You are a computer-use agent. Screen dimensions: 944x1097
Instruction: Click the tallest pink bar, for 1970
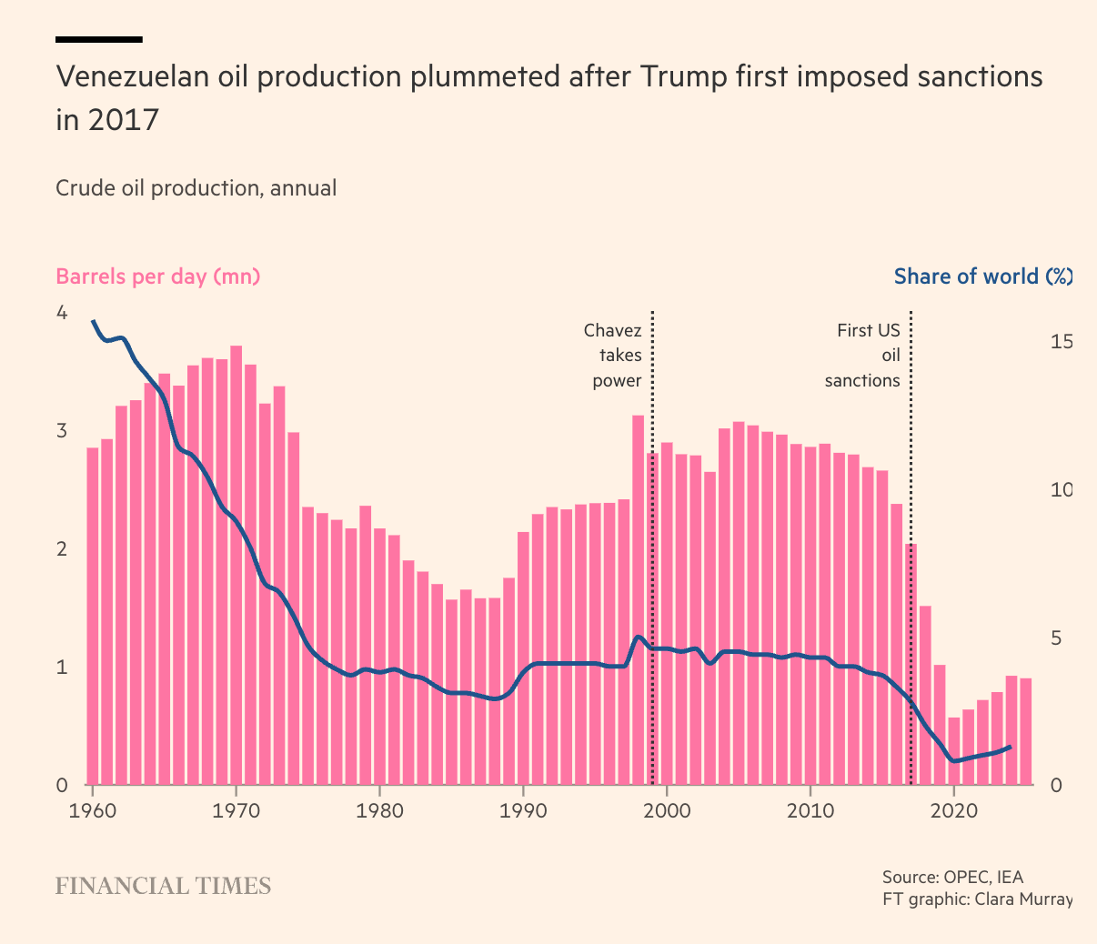coord(237,564)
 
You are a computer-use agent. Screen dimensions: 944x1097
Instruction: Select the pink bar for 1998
coord(639,600)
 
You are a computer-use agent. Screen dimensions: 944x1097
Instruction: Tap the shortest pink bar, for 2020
coord(953,750)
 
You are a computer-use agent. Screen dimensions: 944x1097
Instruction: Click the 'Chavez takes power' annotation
coord(613,356)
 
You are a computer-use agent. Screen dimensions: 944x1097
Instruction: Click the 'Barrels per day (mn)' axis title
coord(158,276)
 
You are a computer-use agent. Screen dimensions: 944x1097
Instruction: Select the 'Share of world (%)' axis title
coord(982,276)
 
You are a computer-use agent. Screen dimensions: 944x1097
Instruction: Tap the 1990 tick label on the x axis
coord(523,810)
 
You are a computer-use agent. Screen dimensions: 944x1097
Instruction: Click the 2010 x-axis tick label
coord(810,810)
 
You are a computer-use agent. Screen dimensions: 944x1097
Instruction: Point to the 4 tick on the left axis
coord(62,313)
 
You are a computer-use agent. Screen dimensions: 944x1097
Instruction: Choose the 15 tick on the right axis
coord(1062,342)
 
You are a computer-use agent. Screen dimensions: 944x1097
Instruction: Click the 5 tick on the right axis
coord(1056,638)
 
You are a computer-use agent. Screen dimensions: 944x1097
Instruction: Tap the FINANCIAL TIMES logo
coord(164,886)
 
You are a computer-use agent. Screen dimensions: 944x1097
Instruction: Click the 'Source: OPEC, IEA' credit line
coord(952,878)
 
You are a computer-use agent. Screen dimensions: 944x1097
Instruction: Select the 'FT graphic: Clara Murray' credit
coord(977,899)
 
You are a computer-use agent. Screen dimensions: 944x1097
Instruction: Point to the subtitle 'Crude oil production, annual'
coord(196,188)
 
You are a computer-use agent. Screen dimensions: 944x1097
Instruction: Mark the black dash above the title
coord(99,39)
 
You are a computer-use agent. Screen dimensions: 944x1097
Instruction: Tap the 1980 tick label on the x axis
coord(379,810)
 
